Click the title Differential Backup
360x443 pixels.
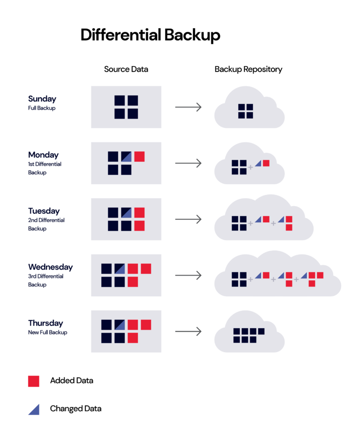[x=150, y=35]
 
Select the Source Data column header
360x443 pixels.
[x=126, y=69]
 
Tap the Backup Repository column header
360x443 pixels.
[x=248, y=69]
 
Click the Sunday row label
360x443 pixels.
[x=42, y=99]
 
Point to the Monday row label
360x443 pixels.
[x=43, y=155]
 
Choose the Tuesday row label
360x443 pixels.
[x=44, y=211]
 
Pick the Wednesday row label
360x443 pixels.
[x=51, y=267]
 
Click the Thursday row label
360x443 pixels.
[x=45, y=323]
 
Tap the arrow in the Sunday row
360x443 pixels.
[x=188, y=107]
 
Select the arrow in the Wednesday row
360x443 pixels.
[x=188, y=275]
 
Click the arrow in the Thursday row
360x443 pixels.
[x=188, y=331]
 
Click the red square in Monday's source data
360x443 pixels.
[x=139, y=157]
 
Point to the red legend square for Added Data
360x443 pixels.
[x=34, y=381]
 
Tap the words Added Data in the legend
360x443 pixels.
[x=72, y=381]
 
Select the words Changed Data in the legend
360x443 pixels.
[x=75, y=409]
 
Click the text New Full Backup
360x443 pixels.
[x=47, y=332]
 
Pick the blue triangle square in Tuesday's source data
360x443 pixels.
[x=126, y=213]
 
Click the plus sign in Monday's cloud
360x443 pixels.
[x=250, y=167]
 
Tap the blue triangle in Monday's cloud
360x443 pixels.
[x=258, y=164]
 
